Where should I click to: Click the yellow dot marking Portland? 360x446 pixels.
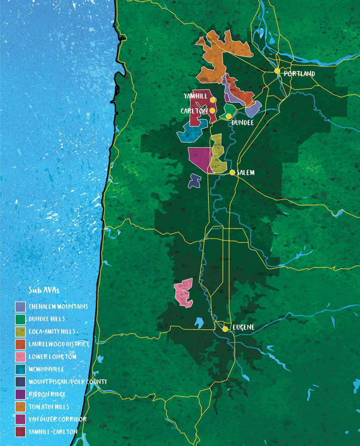tap(277, 71)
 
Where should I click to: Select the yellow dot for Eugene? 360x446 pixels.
tap(225, 329)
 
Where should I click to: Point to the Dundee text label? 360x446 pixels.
tap(242, 123)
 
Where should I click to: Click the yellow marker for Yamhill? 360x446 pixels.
tap(213, 100)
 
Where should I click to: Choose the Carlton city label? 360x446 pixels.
tap(194, 111)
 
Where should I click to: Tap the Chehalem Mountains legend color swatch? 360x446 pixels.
tap(21, 307)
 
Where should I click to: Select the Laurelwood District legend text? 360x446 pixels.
tap(59, 344)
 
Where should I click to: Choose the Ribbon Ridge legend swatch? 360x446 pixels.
tap(21, 394)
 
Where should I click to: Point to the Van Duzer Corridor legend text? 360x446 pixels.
tap(58, 419)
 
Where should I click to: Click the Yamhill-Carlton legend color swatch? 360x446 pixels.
tap(21, 432)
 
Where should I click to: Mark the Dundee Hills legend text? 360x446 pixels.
tap(47, 319)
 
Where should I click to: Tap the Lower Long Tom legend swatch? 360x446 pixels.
tap(21, 357)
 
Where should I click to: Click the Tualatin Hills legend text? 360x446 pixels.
tap(49, 407)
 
